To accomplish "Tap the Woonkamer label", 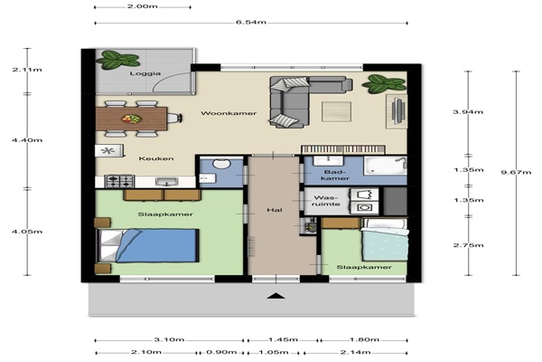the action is point(229,113).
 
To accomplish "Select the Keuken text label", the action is point(156,158).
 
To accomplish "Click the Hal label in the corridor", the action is point(275,210).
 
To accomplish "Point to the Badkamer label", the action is point(334,176).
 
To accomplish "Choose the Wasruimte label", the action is point(327,201).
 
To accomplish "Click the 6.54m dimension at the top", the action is point(251,23).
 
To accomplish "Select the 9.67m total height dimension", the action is point(516,172).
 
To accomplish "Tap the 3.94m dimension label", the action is point(468,112).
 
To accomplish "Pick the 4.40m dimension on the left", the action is point(27,140).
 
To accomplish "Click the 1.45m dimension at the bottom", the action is point(283,339).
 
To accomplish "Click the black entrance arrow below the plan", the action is point(276,296).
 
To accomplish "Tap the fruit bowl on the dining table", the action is point(131,119).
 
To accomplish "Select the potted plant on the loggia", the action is point(118,60).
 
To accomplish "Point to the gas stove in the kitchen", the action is point(119,181).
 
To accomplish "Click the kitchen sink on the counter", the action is point(167,182).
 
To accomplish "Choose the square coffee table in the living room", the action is point(336,111).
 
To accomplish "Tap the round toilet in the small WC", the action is point(221,163).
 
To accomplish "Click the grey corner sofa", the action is point(304,100).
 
